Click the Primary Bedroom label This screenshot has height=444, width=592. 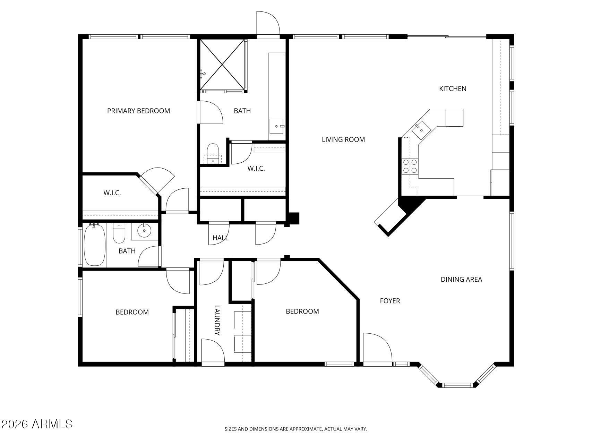(x=138, y=111)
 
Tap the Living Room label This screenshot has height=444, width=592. (x=343, y=140)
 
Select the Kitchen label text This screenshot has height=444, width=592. (x=453, y=89)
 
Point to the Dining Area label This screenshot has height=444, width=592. (x=461, y=280)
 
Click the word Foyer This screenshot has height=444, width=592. (x=390, y=301)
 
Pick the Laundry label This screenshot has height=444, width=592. (x=217, y=320)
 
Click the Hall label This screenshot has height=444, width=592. (x=221, y=238)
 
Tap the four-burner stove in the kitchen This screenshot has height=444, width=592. (x=410, y=166)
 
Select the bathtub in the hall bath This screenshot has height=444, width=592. (x=95, y=245)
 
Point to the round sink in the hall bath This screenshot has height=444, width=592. (x=144, y=230)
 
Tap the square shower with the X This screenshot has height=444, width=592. (x=222, y=65)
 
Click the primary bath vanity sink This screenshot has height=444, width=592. (x=277, y=127)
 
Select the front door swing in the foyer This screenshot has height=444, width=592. (x=377, y=348)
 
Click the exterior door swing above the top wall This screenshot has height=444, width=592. (x=268, y=23)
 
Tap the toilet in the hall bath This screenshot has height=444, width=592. (x=119, y=233)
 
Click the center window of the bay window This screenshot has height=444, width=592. (x=458, y=385)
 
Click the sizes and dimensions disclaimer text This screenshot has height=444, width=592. (x=296, y=429)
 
